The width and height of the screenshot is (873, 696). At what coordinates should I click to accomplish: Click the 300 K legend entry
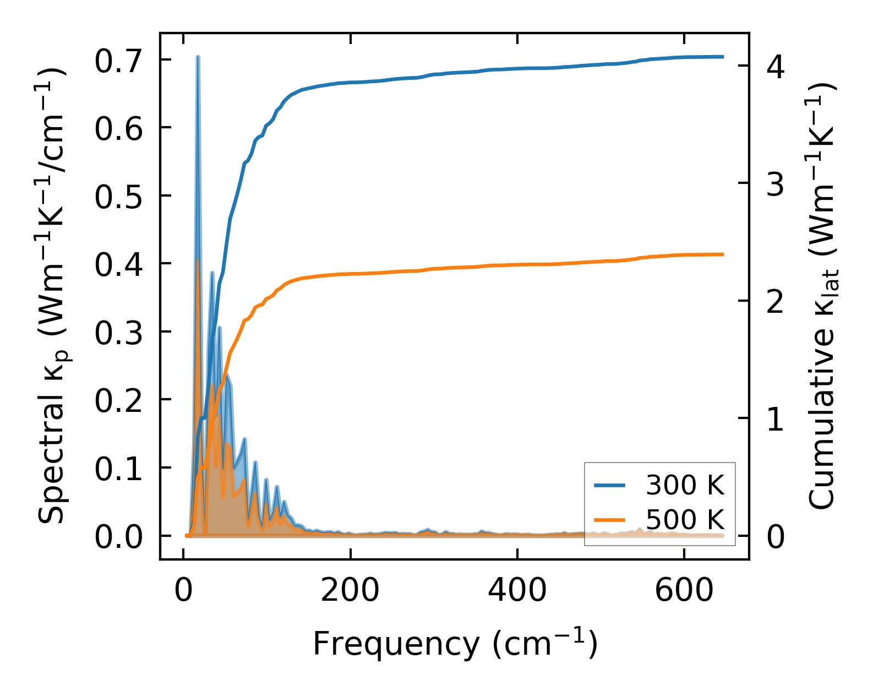point(659,485)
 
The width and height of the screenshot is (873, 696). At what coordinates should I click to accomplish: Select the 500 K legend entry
point(659,520)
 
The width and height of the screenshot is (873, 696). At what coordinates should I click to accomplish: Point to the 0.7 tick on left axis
point(118,61)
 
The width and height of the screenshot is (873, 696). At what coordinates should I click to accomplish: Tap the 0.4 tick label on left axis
point(118,264)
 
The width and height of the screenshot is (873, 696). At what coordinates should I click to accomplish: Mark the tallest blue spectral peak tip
point(198,57)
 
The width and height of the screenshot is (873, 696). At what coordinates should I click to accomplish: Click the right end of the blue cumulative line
point(722,57)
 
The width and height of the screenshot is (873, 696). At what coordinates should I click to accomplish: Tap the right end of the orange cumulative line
point(722,254)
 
